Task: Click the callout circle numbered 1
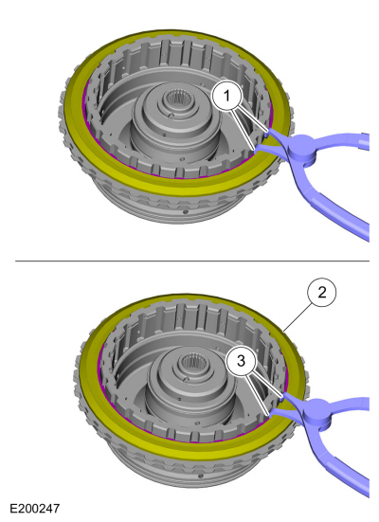click(x=226, y=96)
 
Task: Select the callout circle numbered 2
click(x=322, y=293)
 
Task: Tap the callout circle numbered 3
click(x=241, y=361)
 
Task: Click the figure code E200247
click(x=35, y=509)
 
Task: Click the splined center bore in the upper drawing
click(x=175, y=98)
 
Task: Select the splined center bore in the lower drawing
click(x=190, y=362)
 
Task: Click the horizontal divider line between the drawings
click(x=192, y=261)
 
